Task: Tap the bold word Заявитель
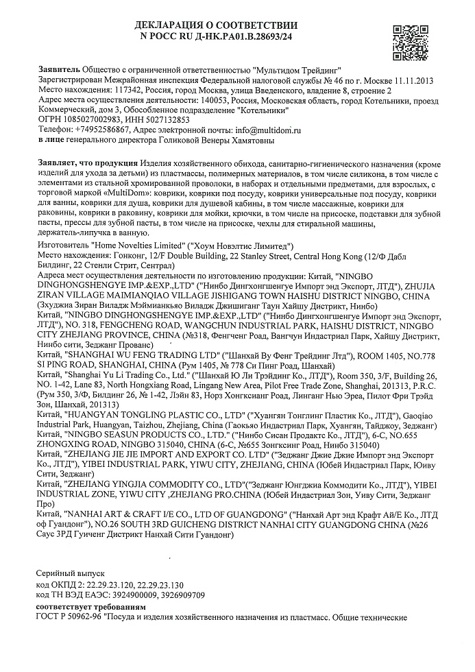pos(60,70)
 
